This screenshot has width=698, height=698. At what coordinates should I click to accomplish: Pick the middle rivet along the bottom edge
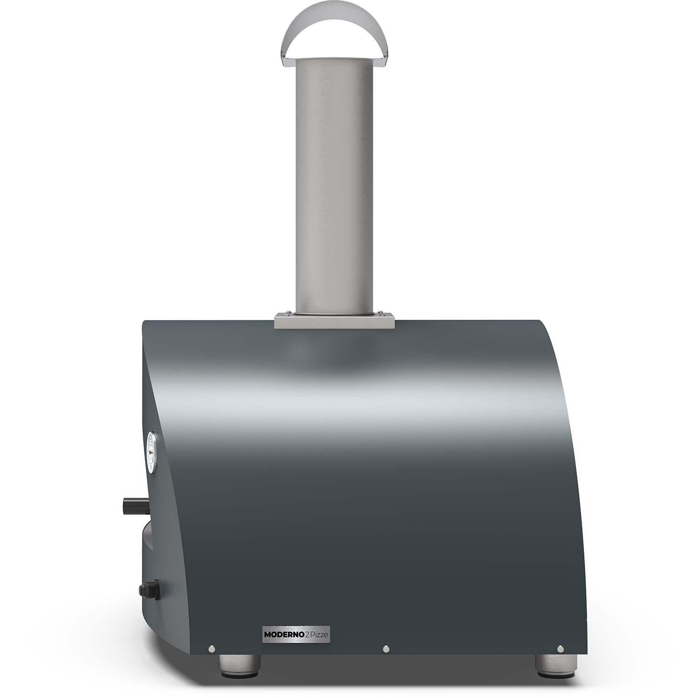click(386, 648)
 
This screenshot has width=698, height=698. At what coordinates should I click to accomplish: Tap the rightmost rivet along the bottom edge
click(560, 648)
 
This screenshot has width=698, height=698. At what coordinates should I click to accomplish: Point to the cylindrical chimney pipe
click(335, 186)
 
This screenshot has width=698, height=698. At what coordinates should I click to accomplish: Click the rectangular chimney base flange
click(335, 322)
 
